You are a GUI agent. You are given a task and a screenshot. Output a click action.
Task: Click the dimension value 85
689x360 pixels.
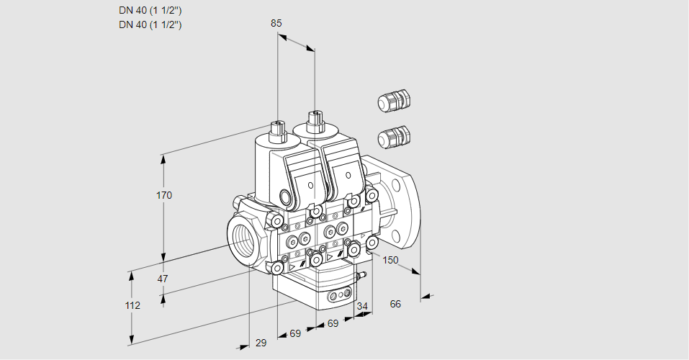click(276, 23)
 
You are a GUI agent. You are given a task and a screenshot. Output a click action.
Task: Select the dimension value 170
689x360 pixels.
click(164, 195)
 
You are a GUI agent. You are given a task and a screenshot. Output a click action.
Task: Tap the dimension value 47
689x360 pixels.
click(163, 279)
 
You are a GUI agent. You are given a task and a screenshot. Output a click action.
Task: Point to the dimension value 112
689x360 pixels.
click(132, 305)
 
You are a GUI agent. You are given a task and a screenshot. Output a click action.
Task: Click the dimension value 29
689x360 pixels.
click(261, 343)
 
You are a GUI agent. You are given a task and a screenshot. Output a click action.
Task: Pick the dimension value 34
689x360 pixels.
click(362, 306)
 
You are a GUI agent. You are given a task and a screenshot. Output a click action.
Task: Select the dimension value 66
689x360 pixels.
click(395, 304)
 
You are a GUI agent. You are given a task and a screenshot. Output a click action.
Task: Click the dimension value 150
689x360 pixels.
click(390, 260)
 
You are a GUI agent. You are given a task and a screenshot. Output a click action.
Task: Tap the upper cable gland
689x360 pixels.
click(393, 102)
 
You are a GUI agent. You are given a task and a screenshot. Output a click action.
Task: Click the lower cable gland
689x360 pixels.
click(394, 135)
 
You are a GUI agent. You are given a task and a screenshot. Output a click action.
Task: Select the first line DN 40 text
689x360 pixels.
click(150, 11)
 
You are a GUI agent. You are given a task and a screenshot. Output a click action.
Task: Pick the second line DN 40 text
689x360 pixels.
click(150, 24)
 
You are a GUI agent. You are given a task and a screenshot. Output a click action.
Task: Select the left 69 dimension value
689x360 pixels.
click(295, 333)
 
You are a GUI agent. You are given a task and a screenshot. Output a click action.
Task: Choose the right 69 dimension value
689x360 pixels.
click(333, 324)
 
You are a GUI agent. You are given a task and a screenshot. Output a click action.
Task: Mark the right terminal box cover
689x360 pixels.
click(343, 170)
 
